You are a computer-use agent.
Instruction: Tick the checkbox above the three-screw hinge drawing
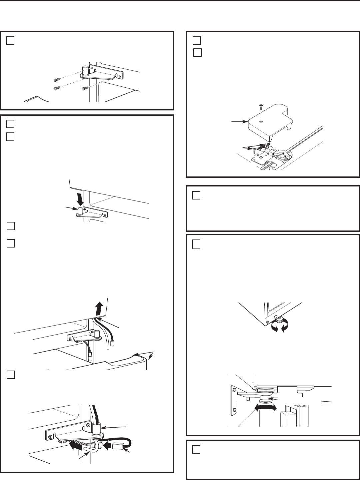point(10,40)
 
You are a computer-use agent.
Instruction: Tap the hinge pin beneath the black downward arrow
point(80,211)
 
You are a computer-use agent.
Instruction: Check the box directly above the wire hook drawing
point(10,375)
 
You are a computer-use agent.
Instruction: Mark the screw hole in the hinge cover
point(261,122)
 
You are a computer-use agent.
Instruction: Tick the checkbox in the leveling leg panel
point(196,245)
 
